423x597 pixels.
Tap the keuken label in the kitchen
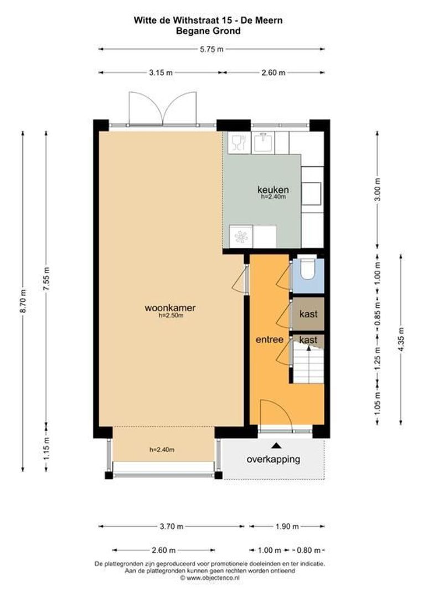click(x=273, y=190)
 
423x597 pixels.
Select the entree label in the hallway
click(x=269, y=339)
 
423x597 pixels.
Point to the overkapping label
click(x=274, y=459)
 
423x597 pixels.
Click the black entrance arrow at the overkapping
click(x=276, y=445)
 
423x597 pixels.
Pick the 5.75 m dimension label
click(x=211, y=49)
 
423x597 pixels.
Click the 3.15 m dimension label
click(x=159, y=72)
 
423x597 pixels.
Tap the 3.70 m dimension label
click(x=171, y=526)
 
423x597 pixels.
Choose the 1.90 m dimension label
click(x=287, y=526)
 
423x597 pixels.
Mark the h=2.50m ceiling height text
click(x=171, y=316)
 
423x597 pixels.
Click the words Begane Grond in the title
click(x=208, y=31)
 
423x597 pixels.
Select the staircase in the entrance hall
click(x=307, y=365)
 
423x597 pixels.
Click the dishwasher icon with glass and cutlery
click(x=238, y=143)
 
